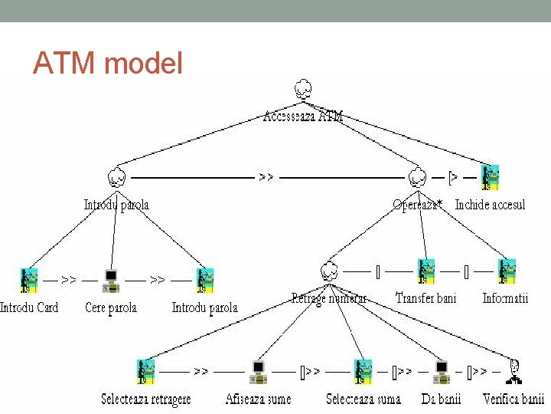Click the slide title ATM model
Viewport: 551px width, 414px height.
click(x=108, y=64)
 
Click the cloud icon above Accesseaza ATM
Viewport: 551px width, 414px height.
click(x=302, y=90)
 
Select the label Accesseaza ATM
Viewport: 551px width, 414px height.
click(x=303, y=117)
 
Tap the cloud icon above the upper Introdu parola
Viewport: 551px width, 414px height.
click(x=116, y=178)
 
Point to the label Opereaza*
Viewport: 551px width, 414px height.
click(x=417, y=205)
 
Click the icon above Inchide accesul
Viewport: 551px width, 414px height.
click(x=490, y=177)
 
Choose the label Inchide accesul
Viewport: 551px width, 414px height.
click(x=490, y=205)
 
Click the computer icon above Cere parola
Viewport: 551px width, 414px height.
click(x=112, y=281)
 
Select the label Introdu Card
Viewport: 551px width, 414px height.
click(x=29, y=307)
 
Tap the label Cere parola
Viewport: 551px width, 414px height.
click(x=112, y=307)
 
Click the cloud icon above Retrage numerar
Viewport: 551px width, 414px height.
click(x=329, y=271)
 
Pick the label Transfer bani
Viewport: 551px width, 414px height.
click(x=425, y=297)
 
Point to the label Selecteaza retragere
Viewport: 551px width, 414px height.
click(x=146, y=399)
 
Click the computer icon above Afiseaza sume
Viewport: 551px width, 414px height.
click(x=258, y=372)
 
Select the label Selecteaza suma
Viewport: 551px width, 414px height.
click(x=363, y=399)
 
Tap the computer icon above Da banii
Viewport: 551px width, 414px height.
click(x=441, y=372)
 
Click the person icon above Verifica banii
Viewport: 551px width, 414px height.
click(x=516, y=371)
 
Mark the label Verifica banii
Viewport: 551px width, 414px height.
click(x=514, y=399)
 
